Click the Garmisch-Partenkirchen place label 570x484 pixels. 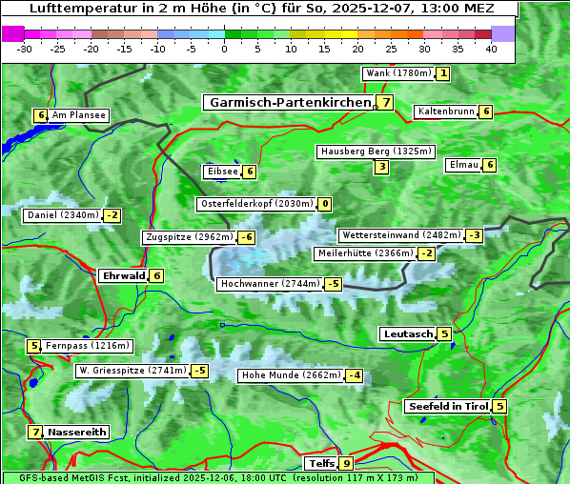[289, 102]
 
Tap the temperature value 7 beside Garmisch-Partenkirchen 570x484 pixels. [385, 102]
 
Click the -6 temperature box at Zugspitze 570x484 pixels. [246, 237]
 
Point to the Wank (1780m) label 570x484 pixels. [398, 73]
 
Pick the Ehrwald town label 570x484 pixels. [122, 276]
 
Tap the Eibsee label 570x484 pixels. [221, 171]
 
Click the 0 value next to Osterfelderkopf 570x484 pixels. [325, 204]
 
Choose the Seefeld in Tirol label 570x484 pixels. [447, 406]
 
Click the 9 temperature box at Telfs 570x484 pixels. [346, 464]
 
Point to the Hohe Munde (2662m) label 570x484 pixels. [290, 375]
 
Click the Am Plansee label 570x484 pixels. [78, 115]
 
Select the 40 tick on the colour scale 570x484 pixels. [491, 49]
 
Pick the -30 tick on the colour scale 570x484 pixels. [25, 49]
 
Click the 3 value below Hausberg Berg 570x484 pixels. [381, 167]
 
